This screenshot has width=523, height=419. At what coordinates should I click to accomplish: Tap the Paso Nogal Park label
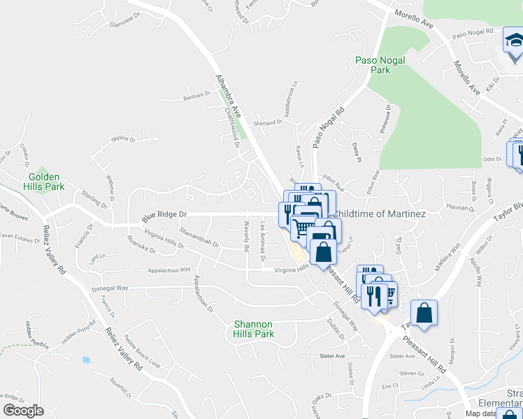[381, 65]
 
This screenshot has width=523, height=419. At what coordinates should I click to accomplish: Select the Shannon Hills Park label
[254, 329]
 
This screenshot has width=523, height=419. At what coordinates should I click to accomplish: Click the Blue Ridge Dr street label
[165, 214]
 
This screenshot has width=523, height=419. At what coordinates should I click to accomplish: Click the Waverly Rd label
[246, 236]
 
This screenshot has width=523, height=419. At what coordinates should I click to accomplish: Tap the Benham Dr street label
[196, 95]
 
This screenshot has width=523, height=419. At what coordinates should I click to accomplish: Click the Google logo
[22, 411]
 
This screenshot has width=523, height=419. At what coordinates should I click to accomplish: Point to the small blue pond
[85, 360]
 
